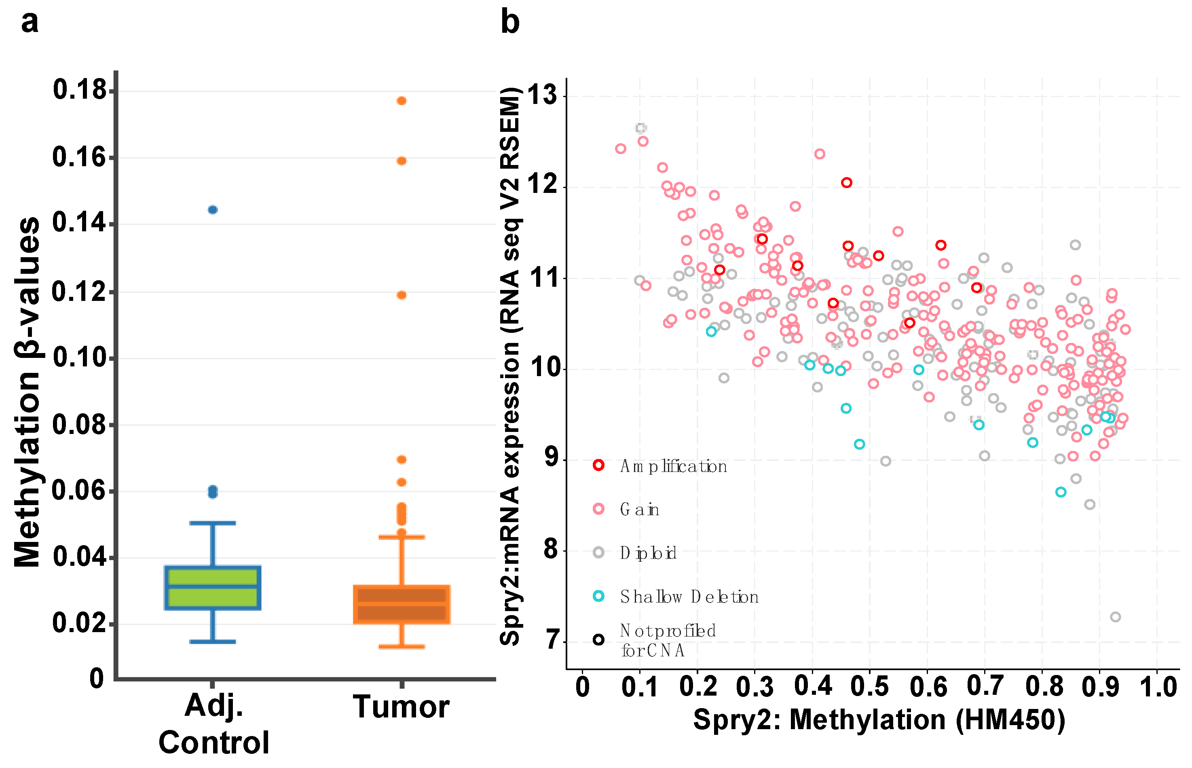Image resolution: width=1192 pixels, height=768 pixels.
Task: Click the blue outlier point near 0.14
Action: click(x=212, y=209)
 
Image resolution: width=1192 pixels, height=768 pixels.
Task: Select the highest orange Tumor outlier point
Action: click(x=402, y=101)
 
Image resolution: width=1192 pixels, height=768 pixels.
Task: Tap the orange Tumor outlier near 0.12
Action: click(x=402, y=295)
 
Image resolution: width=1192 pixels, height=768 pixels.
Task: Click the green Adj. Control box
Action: click(x=212, y=588)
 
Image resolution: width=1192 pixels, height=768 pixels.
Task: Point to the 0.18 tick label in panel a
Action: click(x=80, y=90)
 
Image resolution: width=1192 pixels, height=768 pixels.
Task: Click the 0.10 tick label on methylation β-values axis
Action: click(x=80, y=358)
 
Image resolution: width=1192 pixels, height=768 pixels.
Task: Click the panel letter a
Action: click(x=30, y=22)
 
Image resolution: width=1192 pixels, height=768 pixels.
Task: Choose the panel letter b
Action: click(x=509, y=22)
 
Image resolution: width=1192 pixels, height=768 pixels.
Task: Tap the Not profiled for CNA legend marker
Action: click(x=598, y=640)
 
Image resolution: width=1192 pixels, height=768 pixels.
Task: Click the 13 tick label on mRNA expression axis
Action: click(x=542, y=95)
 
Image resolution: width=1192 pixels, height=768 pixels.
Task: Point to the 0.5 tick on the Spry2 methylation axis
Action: click(x=869, y=687)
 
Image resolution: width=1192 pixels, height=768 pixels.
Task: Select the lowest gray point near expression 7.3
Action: click(x=1116, y=617)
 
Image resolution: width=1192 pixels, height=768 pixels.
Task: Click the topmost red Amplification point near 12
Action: click(x=847, y=182)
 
